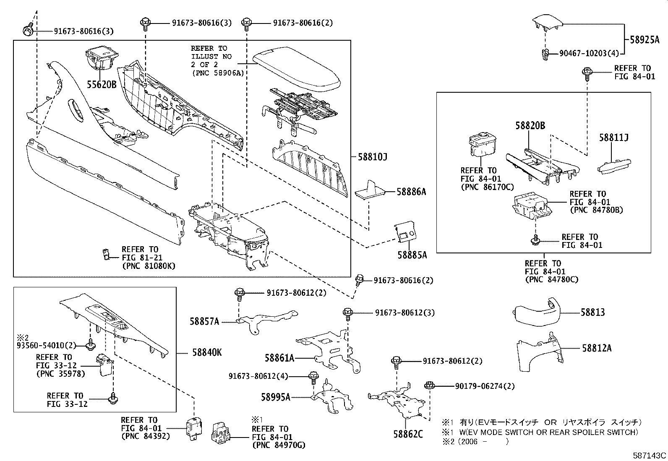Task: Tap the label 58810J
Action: click(372, 157)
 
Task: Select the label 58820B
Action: click(530, 125)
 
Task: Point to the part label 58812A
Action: click(596, 348)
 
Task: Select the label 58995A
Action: click(275, 396)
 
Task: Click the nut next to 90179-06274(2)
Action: click(429, 385)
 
